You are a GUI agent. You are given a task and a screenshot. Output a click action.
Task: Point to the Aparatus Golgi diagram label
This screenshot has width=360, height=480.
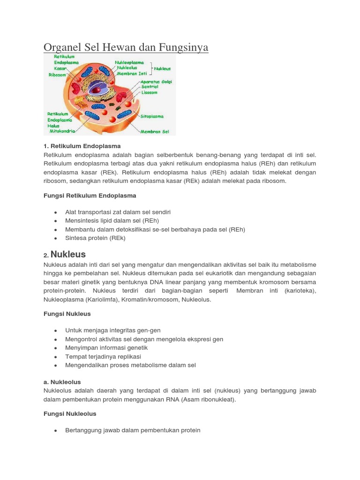click(157, 82)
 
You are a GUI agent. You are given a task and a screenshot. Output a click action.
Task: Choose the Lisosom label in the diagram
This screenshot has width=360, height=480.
click(150, 93)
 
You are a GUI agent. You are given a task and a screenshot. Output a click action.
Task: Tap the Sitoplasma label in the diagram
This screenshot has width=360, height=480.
click(152, 116)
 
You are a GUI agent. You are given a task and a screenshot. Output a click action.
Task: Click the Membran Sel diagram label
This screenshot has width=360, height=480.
click(155, 132)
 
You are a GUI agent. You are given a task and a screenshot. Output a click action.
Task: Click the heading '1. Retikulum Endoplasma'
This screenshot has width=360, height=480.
click(82, 146)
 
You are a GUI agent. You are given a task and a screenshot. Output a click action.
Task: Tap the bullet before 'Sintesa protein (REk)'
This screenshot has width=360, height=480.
click(56, 239)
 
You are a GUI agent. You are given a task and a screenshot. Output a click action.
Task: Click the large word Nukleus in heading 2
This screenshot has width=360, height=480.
click(68, 255)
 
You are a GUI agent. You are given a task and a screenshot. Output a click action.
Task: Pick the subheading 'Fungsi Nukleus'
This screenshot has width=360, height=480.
click(67, 314)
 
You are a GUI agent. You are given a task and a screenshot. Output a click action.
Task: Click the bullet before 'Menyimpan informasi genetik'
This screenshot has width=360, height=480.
click(56, 348)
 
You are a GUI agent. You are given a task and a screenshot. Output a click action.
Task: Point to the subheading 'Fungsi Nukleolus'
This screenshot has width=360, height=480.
click(70, 413)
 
